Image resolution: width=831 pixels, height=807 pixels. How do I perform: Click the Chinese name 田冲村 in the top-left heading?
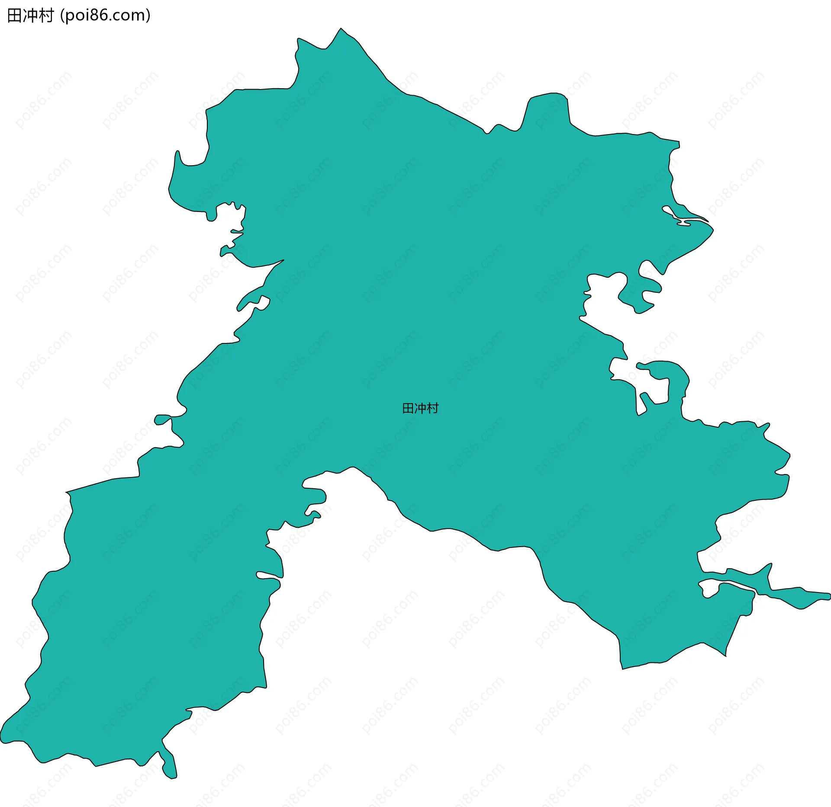tap(30, 16)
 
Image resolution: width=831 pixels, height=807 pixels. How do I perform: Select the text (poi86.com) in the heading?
tap(106, 16)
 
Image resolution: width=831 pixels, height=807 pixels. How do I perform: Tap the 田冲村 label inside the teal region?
tap(420, 408)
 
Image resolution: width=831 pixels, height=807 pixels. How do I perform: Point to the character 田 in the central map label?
tap(408, 408)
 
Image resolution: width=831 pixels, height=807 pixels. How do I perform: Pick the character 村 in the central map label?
tap(432, 408)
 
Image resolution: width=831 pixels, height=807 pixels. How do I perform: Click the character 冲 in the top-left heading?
tap(30, 16)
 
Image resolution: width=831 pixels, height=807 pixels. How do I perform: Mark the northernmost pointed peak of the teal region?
tap(341, 29)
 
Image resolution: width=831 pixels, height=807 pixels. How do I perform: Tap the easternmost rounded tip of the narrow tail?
tap(828, 596)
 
